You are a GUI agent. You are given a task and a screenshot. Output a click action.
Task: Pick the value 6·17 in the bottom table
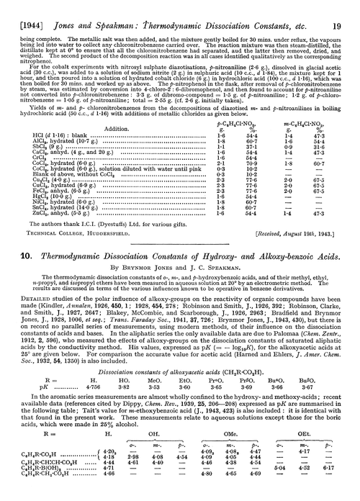tap(341, 486)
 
